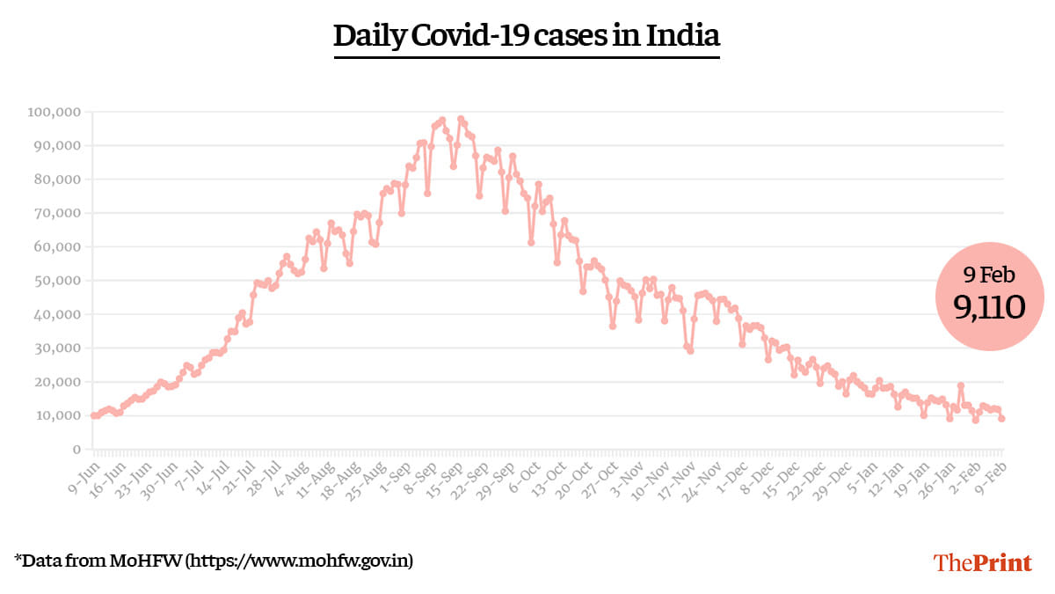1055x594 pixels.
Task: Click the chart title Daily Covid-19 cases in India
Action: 527,36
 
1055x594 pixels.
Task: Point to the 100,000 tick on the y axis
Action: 55,113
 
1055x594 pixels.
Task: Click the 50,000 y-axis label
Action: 57,281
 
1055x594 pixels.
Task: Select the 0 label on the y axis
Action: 77,449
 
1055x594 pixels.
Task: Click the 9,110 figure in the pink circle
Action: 990,306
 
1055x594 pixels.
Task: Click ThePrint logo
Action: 982,562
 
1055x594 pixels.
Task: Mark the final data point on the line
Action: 1001,419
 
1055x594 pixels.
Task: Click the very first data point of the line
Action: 93,415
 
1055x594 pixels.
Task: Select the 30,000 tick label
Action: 57,348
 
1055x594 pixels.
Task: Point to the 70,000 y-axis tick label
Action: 57,213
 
